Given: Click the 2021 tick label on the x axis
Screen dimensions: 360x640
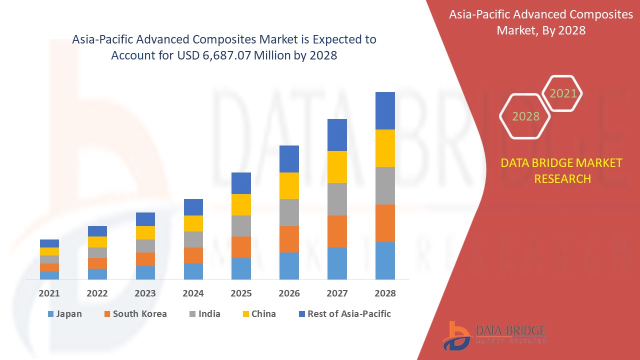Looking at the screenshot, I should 49,293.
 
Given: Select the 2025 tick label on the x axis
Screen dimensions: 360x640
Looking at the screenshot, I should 241,293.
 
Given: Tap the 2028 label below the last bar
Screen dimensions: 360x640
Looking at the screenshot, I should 385,293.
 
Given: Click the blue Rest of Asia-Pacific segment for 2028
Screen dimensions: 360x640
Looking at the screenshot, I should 385,110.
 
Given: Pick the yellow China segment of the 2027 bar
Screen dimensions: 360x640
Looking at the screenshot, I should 337,166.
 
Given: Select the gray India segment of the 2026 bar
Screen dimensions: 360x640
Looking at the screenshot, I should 289,212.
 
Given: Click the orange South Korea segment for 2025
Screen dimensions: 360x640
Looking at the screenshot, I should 241,247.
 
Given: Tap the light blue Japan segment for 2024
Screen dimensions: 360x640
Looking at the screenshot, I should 193,271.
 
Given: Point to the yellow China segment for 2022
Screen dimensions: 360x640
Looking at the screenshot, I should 97,241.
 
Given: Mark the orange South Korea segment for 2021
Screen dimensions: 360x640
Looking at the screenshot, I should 49,267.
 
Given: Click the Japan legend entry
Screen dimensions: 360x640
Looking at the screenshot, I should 64,314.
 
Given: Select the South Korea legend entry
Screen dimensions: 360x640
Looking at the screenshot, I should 135,314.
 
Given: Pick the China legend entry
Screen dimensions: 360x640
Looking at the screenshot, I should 258,314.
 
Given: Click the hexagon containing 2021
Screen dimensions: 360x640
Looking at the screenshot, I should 563,93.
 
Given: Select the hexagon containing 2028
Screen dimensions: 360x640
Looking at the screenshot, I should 525,116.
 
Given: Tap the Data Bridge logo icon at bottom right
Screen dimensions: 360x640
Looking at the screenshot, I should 456,335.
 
